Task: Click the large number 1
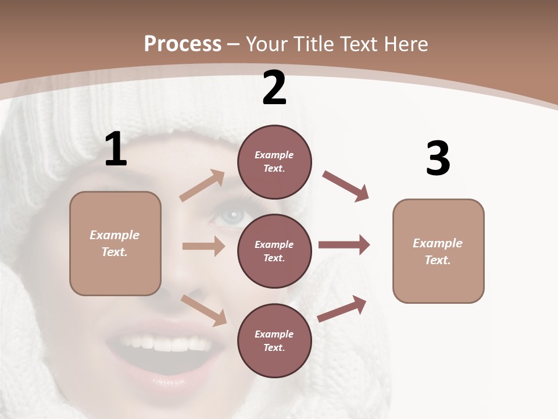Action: pos(116,150)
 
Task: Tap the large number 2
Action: pos(274,88)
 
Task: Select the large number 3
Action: pos(438,159)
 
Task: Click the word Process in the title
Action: pos(183,44)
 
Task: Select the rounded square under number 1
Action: pos(115,243)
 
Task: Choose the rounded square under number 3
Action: pos(438,251)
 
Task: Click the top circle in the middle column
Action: pos(274,162)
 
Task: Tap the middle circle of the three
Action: pos(274,251)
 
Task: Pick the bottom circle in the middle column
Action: pos(274,340)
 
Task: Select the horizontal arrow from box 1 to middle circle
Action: pos(203,246)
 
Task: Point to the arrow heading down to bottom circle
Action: pos(203,310)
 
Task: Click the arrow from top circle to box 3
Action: pos(345,186)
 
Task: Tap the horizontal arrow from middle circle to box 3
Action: pos(344,245)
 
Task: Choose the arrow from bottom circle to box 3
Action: pos(342,308)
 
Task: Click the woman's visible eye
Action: pos(232,217)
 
